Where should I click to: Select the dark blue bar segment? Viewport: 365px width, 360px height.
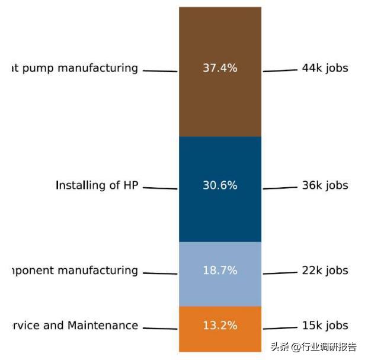coord(220,213)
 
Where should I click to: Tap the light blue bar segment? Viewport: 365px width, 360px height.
coord(220,290)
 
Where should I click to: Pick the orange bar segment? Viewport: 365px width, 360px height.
coord(220,340)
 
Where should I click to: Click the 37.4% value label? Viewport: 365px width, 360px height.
coord(220,68)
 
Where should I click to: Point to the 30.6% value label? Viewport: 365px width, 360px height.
coord(220,185)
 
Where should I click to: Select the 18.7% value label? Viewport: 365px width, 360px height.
coord(220,271)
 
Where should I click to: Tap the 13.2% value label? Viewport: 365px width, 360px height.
coord(220,326)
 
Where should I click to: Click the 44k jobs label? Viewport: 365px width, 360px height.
coord(325,68)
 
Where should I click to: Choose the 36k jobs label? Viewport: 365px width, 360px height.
coord(325,185)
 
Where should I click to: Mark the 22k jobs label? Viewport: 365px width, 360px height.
coord(325,271)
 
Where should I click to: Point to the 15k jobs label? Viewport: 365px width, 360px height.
coord(325,326)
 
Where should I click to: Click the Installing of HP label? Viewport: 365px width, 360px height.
coord(97,185)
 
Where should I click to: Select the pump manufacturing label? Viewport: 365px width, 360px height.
coord(75,68)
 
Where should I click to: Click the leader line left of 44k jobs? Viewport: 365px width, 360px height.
coord(280,70)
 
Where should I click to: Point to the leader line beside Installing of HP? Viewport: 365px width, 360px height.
coord(160,188)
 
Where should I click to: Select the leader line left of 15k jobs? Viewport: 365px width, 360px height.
coord(280,327)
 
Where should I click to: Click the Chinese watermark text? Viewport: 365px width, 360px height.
coord(314,347)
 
